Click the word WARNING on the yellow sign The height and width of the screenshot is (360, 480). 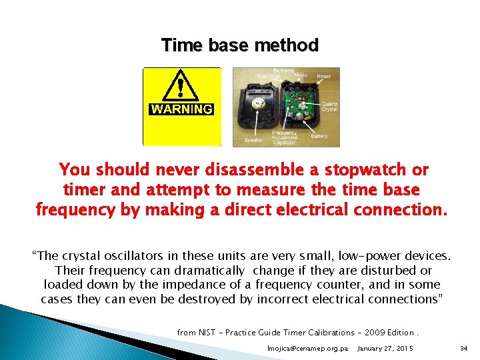[181, 109]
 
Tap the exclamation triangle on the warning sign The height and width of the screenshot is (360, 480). [181, 86]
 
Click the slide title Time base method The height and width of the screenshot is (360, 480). [240, 45]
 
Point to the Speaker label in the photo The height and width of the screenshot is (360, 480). [253, 140]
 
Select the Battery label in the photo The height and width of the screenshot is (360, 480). [319, 136]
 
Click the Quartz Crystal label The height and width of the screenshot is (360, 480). [329, 106]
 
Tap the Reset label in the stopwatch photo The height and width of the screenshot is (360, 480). [324, 77]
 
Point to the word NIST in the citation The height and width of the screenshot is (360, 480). [207, 332]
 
